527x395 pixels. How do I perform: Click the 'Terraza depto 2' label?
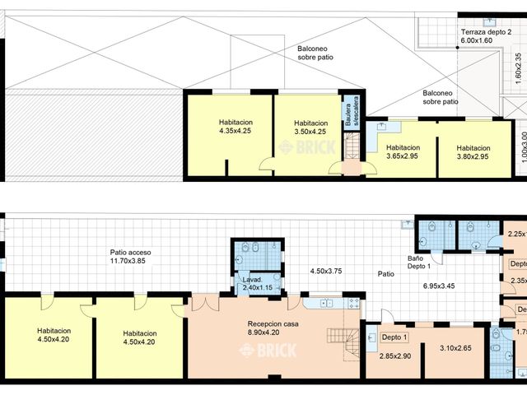click(492, 31)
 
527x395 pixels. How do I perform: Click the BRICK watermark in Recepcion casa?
click(267, 351)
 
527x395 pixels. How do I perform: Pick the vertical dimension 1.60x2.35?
click(518, 66)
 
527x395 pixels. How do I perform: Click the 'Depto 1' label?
click(394, 337)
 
